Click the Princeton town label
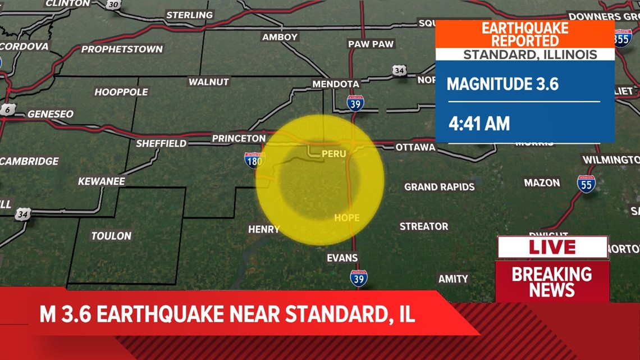(239, 138)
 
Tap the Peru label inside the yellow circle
(333, 153)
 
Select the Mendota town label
(336, 84)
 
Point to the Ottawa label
(415, 147)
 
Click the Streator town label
(424, 226)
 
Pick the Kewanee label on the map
(102, 181)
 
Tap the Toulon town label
(111, 236)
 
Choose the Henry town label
(264, 229)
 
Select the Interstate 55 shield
(586, 184)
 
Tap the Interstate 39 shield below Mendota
(355, 103)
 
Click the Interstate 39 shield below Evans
(359, 278)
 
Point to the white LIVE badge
(552, 247)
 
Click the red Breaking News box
(552, 281)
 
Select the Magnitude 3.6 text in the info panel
(502, 84)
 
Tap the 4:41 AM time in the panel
(479, 124)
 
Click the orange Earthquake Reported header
(525, 34)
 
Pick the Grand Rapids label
(440, 187)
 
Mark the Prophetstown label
(122, 49)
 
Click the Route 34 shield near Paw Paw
(399, 70)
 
